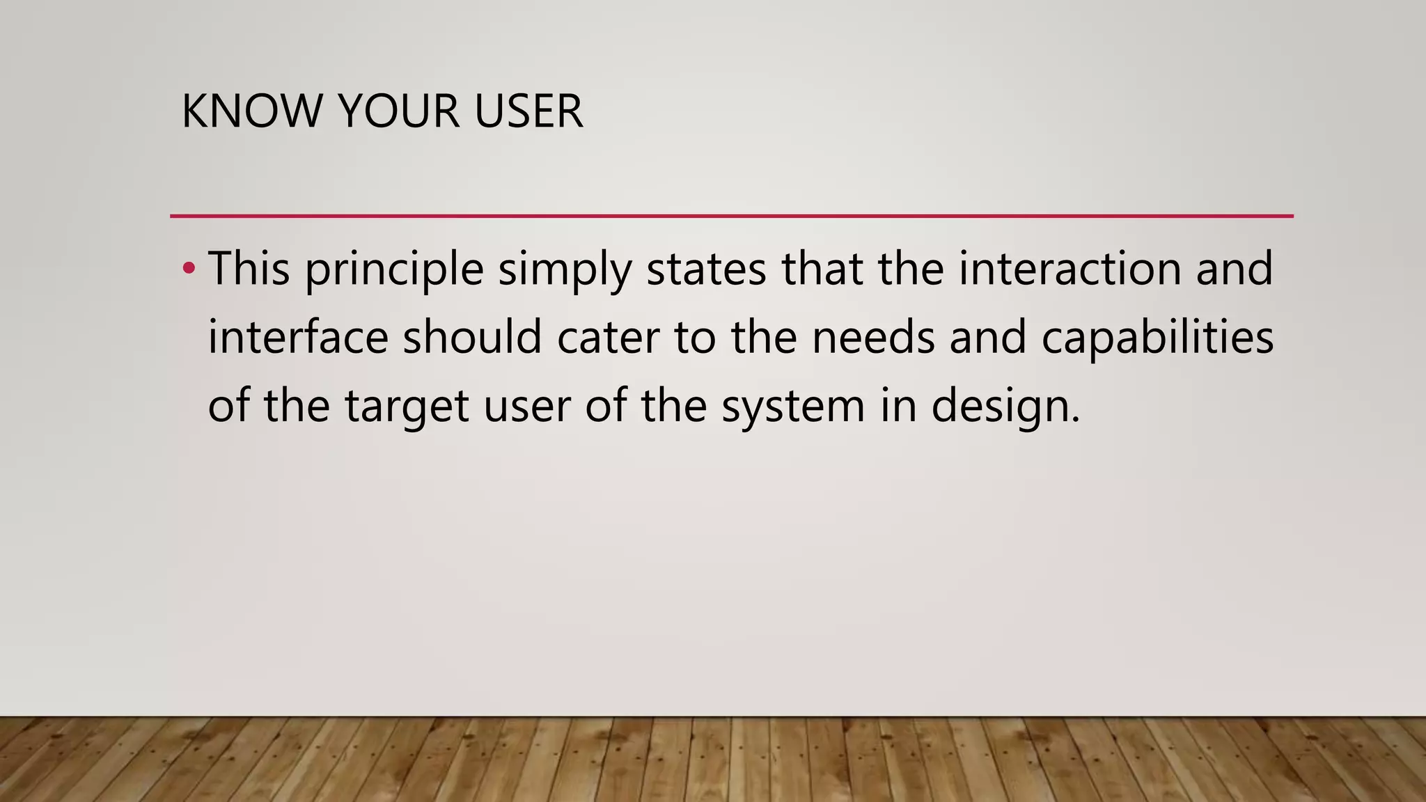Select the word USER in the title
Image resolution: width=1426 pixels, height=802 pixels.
(x=528, y=111)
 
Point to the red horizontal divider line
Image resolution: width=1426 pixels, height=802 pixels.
(x=731, y=217)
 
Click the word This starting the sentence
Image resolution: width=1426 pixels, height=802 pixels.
(x=249, y=268)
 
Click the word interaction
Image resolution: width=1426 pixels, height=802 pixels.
(x=1069, y=268)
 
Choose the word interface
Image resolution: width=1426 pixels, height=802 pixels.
(x=298, y=337)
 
